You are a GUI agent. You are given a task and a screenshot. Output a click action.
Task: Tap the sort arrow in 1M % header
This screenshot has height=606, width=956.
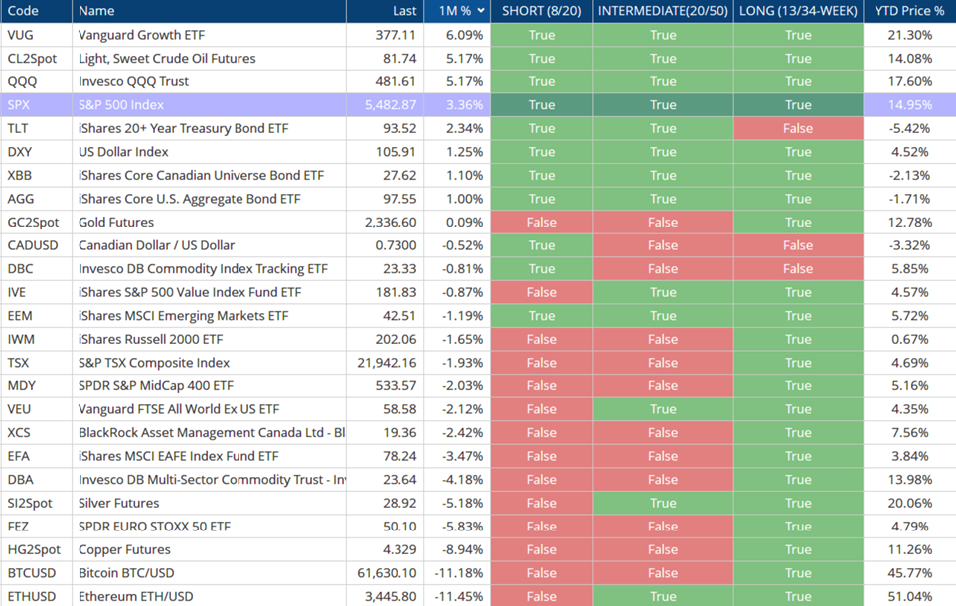point(482,11)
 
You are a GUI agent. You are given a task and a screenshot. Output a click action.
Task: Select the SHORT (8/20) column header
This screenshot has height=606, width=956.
point(542,11)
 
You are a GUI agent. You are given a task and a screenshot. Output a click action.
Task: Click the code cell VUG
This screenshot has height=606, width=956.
point(20,35)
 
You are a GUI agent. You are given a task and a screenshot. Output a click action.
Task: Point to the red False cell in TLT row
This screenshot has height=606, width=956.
point(798,128)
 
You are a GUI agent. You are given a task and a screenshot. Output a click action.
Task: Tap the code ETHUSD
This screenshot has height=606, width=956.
point(31,597)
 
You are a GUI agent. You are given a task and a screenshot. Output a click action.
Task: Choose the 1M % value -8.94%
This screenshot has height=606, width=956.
point(460,549)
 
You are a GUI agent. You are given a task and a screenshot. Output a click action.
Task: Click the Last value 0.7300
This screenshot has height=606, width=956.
point(395,245)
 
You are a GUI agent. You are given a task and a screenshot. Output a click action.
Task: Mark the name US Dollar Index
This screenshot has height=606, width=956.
point(123,152)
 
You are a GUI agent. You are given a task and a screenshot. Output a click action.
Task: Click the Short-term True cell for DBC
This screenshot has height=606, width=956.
point(542,269)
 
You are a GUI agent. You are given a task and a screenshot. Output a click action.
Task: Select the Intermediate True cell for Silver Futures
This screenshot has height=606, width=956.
point(663,503)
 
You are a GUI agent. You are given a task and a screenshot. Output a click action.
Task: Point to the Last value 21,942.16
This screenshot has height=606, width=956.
point(387,363)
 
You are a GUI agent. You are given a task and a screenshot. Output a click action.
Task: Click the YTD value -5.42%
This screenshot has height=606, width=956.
point(911,128)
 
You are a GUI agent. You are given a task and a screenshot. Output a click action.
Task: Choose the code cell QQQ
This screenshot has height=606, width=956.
point(21,81)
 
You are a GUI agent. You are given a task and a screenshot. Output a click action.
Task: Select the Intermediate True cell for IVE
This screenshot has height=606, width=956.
point(663,292)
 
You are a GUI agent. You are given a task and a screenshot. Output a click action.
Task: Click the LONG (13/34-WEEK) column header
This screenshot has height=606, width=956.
point(798,11)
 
